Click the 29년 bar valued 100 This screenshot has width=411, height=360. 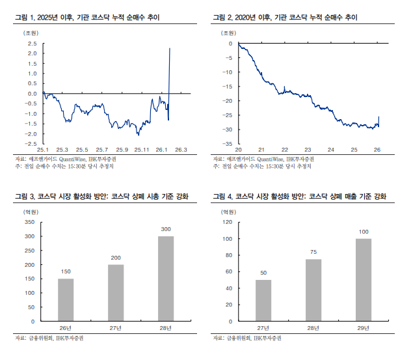[x=364, y=280]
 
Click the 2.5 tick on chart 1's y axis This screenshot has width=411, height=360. [x=31, y=44]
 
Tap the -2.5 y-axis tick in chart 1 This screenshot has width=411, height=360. [x=31, y=143]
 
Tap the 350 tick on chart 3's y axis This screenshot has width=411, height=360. [x=29, y=222]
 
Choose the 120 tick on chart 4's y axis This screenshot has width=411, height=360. [x=227, y=222]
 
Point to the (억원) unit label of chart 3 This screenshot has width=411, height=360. [x=31, y=211]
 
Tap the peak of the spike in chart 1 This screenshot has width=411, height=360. [x=170, y=48]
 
